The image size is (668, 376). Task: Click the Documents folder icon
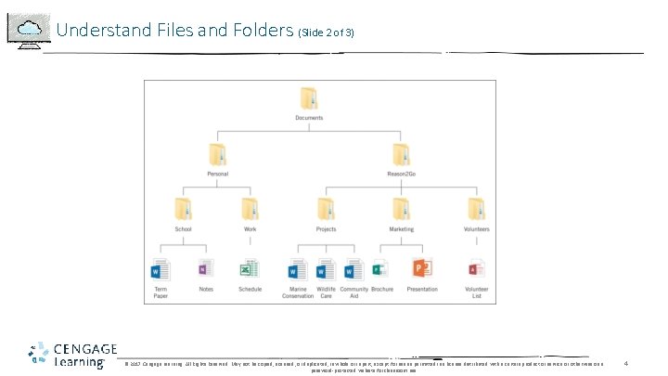coord(309,99)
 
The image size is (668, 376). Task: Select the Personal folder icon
coord(217,154)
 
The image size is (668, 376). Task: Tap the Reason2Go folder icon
coord(401,154)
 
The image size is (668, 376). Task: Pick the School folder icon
coord(182,209)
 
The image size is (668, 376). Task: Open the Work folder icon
coord(250,209)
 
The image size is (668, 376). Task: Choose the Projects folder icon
coord(326,209)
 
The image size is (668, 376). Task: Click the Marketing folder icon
coord(401,209)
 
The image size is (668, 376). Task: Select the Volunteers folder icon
coord(476,209)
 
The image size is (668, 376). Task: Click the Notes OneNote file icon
coord(205,270)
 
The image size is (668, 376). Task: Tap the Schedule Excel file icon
coord(250,270)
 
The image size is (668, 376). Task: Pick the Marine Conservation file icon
coord(297,271)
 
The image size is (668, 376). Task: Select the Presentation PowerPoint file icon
coord(422,270)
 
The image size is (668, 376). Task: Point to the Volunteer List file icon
coord(476,270)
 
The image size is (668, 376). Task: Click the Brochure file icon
coord(380,270)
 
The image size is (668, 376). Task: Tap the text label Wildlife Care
coord(326,293)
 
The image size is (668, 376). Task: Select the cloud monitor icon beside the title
coord(29,30)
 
